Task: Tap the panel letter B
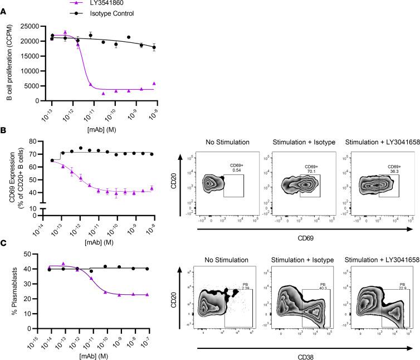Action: pyautogui.click(x=4, y=132)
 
